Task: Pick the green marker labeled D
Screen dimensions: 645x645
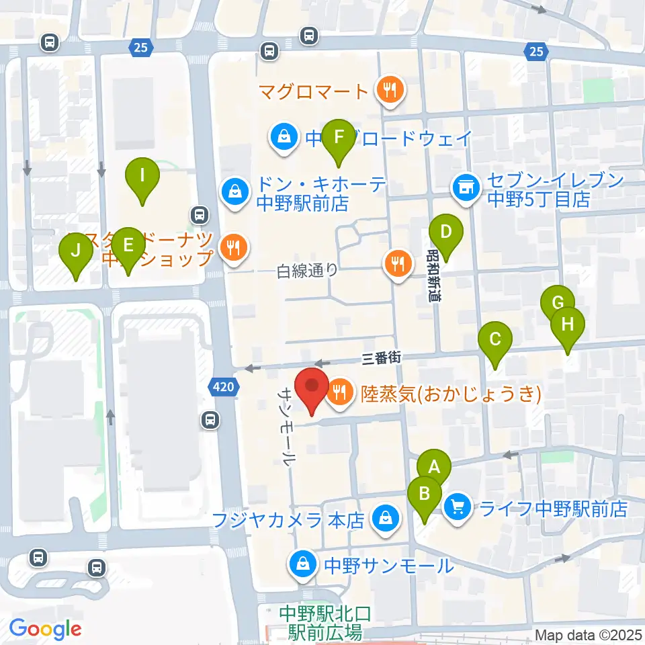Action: [x=445, y=233]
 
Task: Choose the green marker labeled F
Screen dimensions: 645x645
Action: [x=339, y=136]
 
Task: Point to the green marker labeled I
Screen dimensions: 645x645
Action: [x=142, y=175]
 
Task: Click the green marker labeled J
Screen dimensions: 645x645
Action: [x=76, y=251]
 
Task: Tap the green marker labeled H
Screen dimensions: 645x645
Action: [x=568, y=326]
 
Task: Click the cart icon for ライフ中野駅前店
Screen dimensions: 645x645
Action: [x=458, y=505]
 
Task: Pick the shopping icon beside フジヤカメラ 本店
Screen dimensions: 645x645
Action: [x=386, y=519]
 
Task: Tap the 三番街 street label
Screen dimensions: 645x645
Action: [x=381, y=358]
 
